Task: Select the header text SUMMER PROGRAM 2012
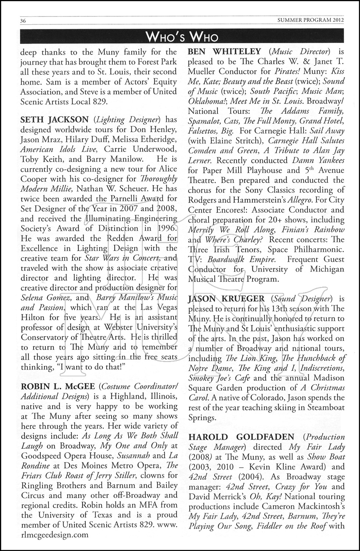click(x=311, y=21)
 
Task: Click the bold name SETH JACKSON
click(x=54, y=120)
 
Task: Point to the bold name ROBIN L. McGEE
click(x=57, y=386)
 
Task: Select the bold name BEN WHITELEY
click(x=224, y=52)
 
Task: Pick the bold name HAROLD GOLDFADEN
click(x=241, y=437)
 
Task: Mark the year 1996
click(x=164, y=228)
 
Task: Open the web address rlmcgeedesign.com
click(x=54, y=535)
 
